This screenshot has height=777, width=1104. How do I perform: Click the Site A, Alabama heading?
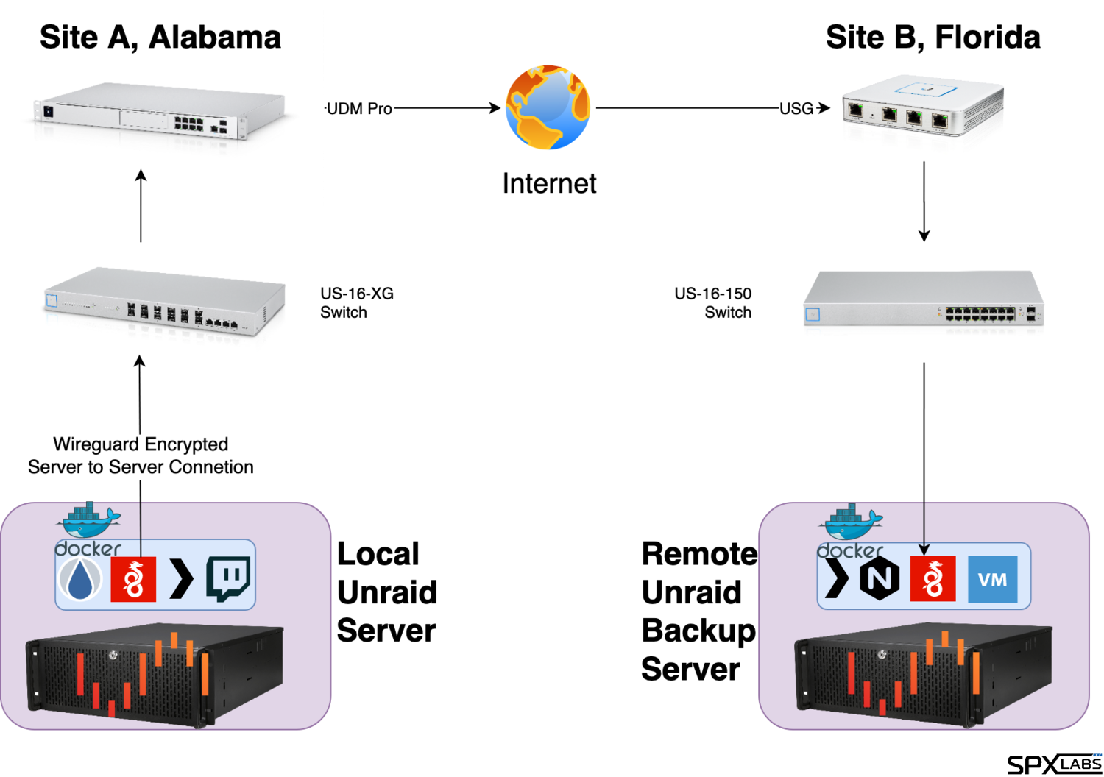tap(160, 38)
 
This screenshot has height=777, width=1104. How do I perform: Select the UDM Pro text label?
tap(359, 109)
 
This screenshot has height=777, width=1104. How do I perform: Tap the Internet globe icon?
tap(548, 107)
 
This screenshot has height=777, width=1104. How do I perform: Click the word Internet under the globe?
tap(548, 183)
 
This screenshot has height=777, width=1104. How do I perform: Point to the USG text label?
tap(796, 109)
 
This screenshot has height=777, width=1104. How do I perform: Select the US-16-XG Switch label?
tap(357, 302)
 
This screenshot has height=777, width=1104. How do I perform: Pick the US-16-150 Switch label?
tap(713, 302)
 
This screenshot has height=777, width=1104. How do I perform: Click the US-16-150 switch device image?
tap(923, 303)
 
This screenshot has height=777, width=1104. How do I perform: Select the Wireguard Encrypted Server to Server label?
tap(141, 456)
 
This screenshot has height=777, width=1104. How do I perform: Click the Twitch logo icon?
tap(228, 579)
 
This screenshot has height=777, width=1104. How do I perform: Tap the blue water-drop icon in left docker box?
tap(82, 579)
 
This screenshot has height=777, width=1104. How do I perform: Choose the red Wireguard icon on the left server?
tap(133, 579)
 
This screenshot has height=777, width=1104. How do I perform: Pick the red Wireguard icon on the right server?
tap(933, 579)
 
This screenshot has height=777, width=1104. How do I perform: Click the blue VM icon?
tap(992, 579)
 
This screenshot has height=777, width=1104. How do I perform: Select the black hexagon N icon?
tap(880, 579)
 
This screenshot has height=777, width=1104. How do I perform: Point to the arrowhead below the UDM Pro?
tap(141, 175)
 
